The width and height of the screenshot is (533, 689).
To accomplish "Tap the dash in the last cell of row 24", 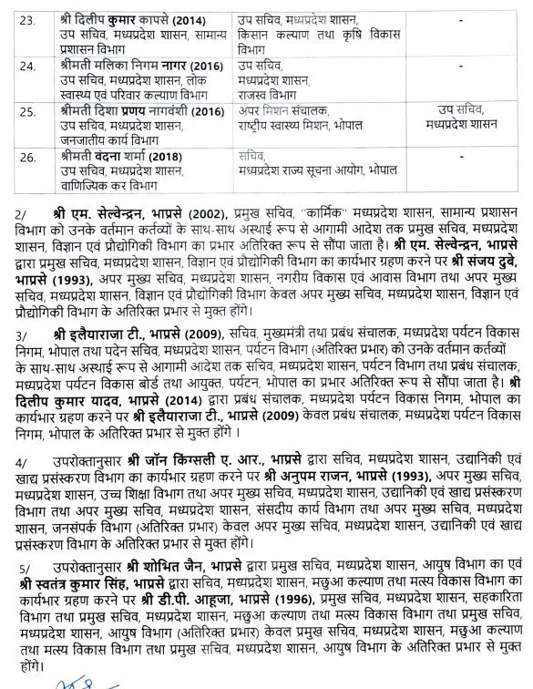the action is pos(465,67).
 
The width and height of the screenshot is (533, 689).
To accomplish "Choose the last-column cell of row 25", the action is pos(465,118).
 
